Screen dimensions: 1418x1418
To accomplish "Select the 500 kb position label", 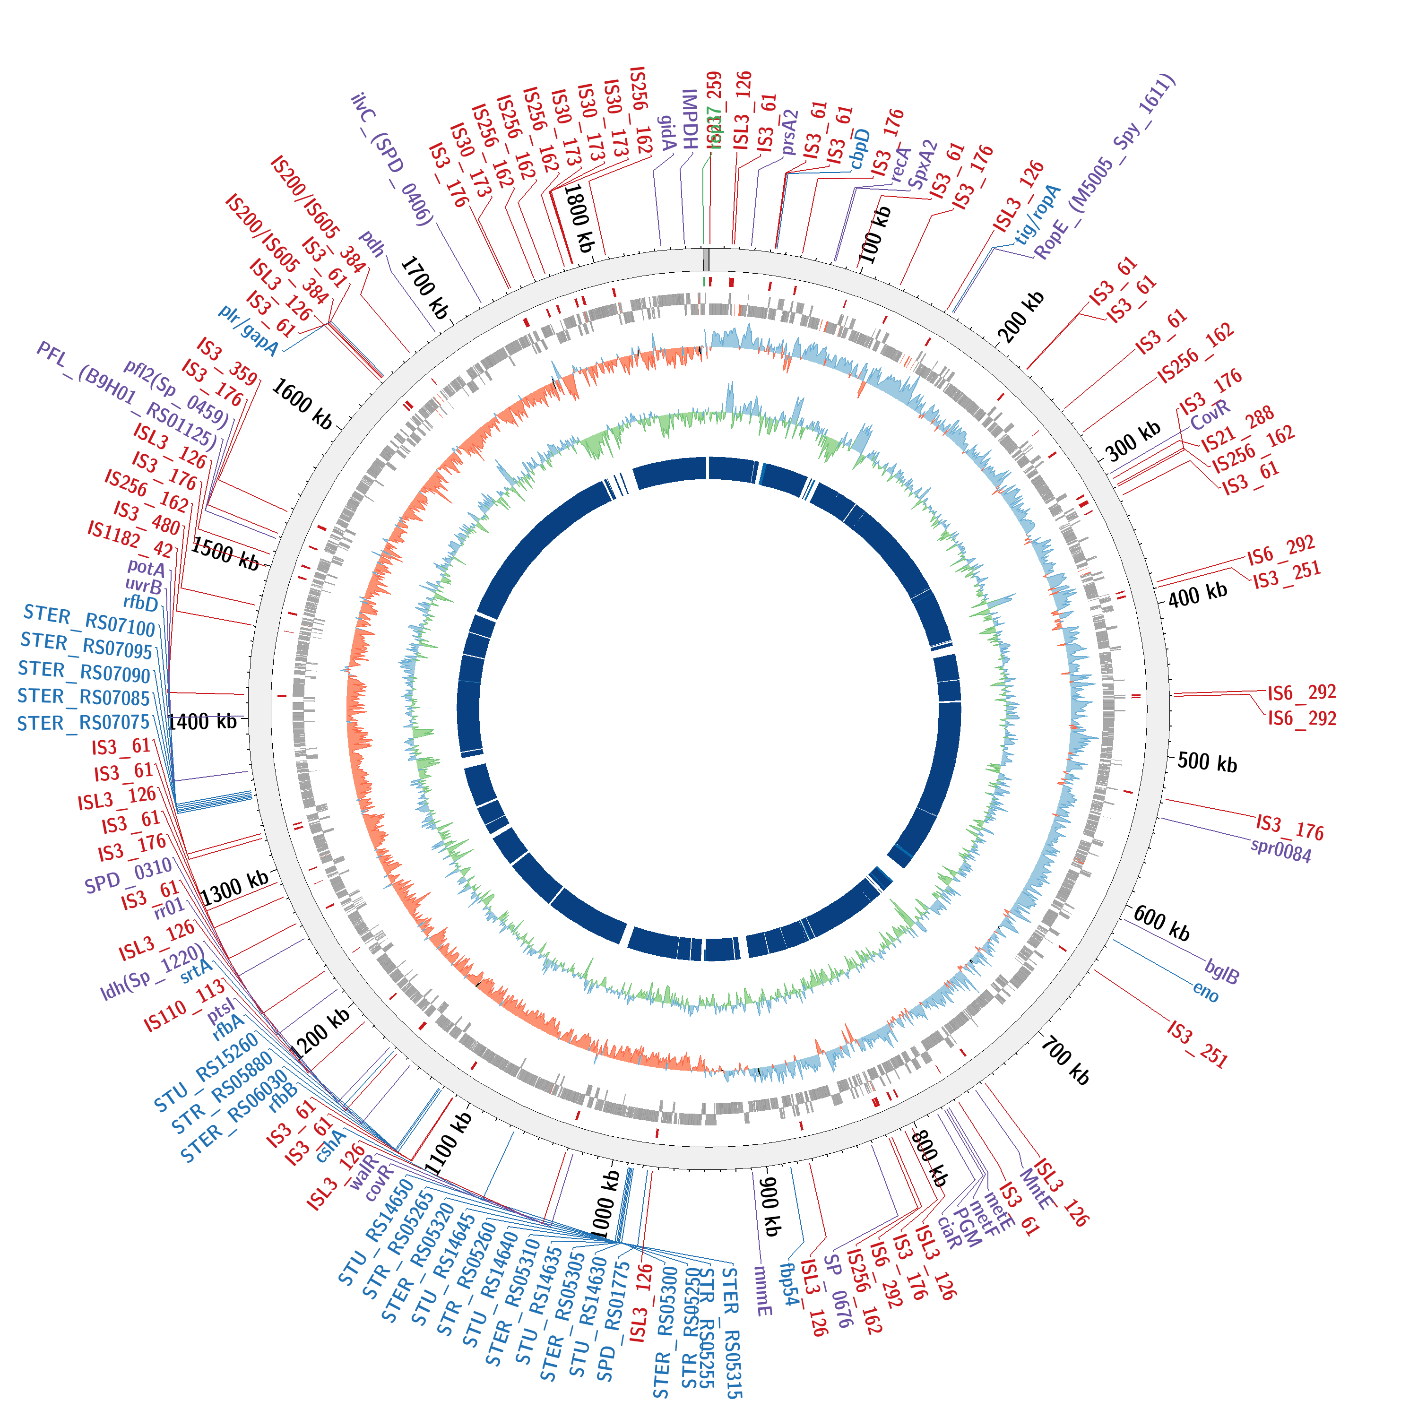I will (x=1207, y=762).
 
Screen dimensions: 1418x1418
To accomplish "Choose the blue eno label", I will (x=1206, y=992).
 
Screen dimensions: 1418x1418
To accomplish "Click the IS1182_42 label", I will (x=130, y=539).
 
